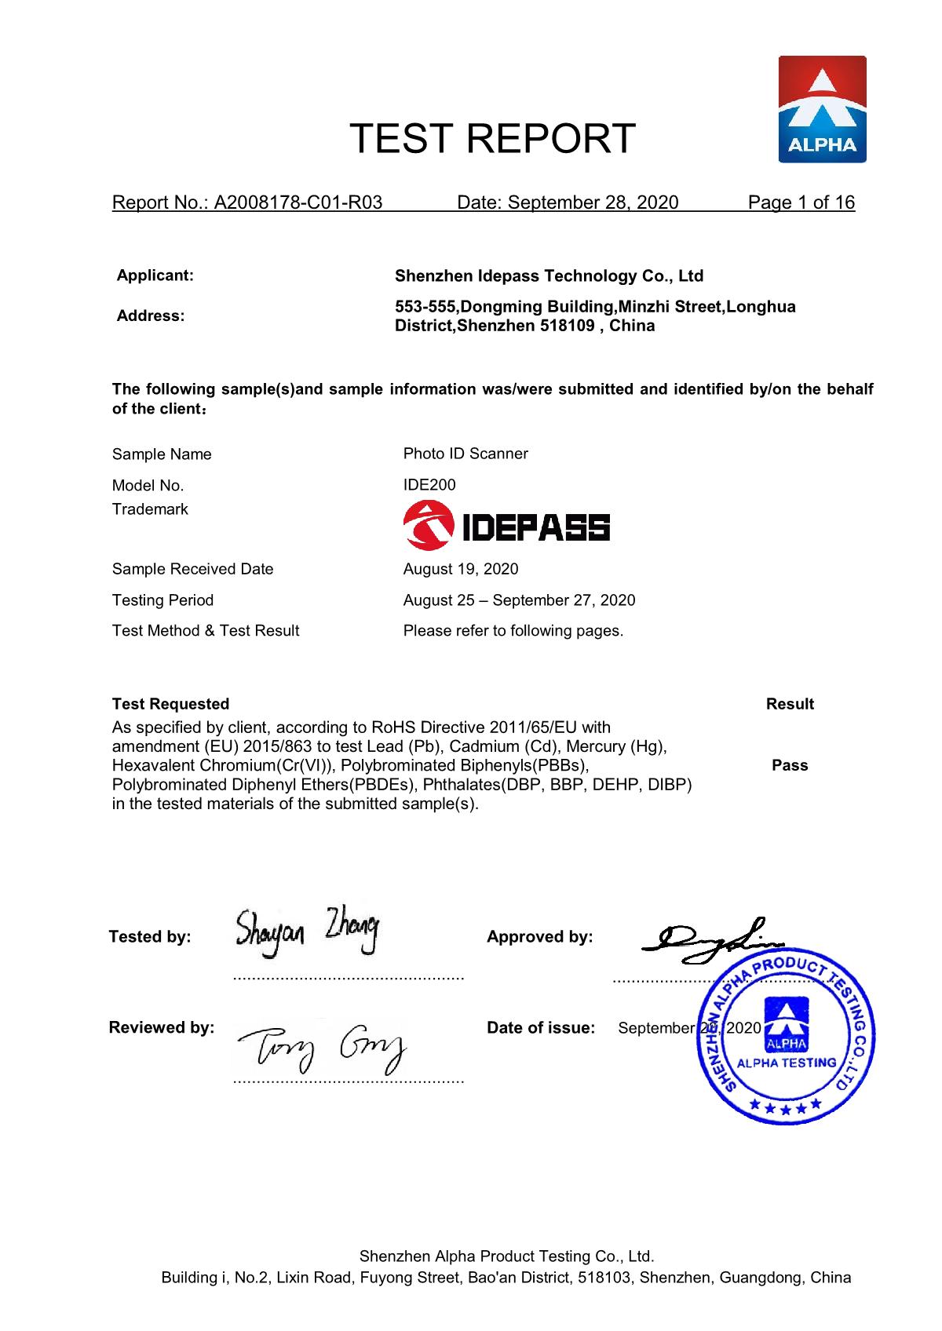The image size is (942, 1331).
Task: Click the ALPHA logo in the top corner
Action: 822,110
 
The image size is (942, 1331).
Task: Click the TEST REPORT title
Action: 492,139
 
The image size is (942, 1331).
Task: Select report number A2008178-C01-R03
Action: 298,203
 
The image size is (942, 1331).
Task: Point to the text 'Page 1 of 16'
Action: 801,203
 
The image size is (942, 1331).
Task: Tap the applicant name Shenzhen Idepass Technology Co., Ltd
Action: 549,276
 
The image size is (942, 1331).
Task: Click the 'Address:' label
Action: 151,316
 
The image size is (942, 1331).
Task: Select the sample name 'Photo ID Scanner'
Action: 466,454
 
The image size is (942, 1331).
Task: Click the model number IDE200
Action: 429,485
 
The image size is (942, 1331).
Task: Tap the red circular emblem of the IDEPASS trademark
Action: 426,527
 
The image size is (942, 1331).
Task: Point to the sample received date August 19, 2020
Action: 461,569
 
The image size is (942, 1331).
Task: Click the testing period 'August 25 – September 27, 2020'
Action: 519,600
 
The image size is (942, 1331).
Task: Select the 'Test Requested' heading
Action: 170,704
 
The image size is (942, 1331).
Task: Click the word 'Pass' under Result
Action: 790,766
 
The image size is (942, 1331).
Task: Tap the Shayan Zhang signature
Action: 307,932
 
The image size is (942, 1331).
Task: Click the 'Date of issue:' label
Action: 541,1028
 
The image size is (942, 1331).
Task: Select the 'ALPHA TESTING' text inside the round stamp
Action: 787,1063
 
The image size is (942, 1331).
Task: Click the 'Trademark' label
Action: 150,509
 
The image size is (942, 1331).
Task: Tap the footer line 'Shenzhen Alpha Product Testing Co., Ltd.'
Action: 506,1256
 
